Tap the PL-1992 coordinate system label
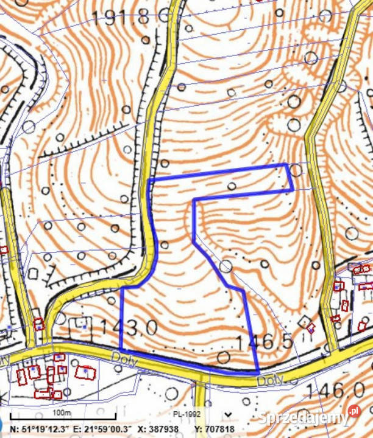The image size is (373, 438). pyautogui.click(x=185, y=414)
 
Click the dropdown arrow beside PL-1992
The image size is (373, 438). pyautogui.click(x=228, y=414)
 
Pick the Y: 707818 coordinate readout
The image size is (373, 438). pyautogui.click(x=215, y=429)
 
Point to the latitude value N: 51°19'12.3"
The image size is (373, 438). pyautogui.click(x=35, y=429)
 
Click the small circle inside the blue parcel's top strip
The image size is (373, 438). pyautogui.click(x=232, y=186)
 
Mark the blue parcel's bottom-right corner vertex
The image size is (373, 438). pyautogui.click(x=258, y=372)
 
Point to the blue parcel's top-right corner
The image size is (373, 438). pyautogui.click(x=286, y=165)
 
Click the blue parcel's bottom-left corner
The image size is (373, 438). pyautogui.click(x=122, y=349)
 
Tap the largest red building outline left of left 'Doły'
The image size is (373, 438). pyautogui.click(x=85, y=372)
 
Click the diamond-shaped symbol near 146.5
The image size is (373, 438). pyautogui.click(x=305, y=321)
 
